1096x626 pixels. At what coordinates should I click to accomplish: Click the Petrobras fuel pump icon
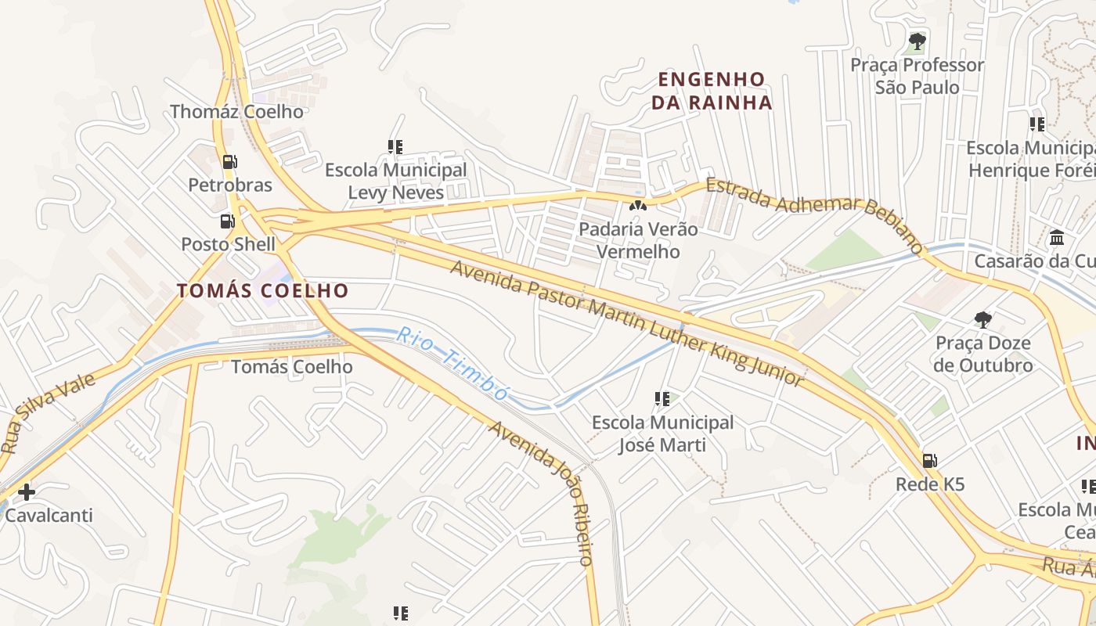229,162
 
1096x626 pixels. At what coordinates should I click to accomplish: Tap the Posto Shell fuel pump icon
228,221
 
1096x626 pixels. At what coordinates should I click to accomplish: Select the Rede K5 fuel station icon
929,461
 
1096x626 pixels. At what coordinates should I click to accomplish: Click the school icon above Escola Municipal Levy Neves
395,146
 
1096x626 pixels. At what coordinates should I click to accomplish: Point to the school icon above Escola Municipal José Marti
662,399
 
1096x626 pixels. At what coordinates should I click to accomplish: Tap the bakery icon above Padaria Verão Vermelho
637,207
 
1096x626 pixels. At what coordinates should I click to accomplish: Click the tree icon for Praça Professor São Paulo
917,41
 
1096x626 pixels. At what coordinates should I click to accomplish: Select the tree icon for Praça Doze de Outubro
982,319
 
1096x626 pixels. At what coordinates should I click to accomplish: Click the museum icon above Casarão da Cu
1057,237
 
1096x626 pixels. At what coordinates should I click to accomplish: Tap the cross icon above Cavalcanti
27,492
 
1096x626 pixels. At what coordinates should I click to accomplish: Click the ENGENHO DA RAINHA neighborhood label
711,91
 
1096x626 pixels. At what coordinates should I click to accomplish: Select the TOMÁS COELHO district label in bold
262,291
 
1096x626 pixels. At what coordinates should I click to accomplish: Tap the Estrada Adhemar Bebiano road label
814,214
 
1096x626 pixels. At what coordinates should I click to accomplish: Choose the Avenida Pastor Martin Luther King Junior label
627,322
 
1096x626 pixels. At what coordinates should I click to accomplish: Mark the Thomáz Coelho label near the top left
236,111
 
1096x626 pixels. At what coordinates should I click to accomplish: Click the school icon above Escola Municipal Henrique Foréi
1037,124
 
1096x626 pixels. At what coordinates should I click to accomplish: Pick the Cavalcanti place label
49,515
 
